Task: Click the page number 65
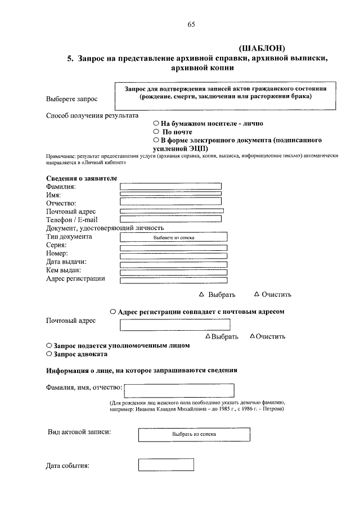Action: click(x=191, y=24)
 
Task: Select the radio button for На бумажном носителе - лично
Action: click(x=156, y=123)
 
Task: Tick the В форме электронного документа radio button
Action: click(x=156, y=139)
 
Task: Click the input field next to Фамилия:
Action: click(x=170, y=186)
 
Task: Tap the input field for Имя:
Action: click(x=170, y=193)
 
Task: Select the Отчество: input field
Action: click(x=170, y=201)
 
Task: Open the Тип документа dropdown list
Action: click(x=173, y=237)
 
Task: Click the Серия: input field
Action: click(x=173, y=247)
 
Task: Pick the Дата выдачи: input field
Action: click(x=173, y=263)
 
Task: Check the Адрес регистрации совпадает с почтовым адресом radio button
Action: click(x=113, y=311)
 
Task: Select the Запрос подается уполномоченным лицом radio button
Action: click(x=49, y=345)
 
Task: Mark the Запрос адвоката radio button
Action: click(x=49, y=354)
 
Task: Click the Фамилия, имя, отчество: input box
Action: click(x=179, y=390)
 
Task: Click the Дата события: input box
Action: click(x=166, y=465)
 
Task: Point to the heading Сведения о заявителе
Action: click(x=82, y=178)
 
